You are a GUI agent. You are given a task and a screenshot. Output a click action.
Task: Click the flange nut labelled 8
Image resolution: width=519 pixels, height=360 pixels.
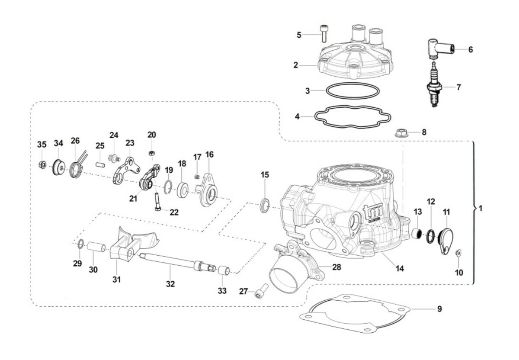(401, 132)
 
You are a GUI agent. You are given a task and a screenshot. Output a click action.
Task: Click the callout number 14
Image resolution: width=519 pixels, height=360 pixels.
(400, 268)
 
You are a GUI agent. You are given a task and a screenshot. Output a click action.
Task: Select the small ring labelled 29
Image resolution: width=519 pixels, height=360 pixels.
(80, 244)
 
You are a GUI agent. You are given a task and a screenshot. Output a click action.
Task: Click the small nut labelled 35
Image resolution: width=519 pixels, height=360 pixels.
(42, 164)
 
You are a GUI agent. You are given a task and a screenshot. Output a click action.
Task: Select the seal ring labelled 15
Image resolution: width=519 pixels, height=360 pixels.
(264, 204)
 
